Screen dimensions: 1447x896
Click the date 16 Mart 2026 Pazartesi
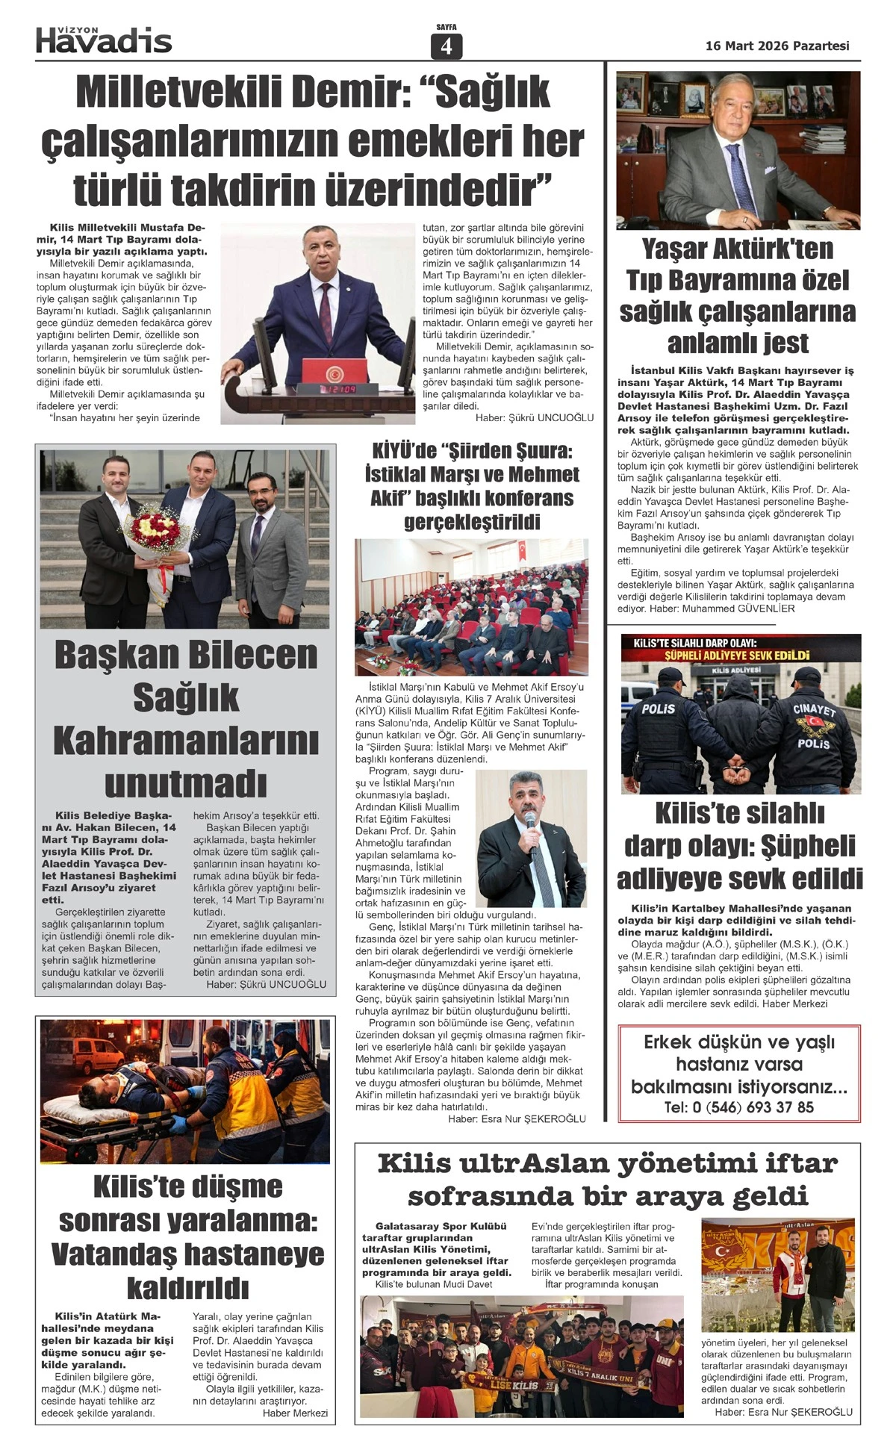[777, 46]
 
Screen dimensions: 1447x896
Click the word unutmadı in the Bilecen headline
[186, 783]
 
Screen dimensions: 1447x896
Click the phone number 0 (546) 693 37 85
[739, 1107]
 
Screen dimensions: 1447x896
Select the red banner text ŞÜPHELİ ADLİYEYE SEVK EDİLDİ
[738, 656]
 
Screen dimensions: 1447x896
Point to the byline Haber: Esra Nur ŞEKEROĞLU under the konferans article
[517, 1118]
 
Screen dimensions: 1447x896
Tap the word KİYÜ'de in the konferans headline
[403, 451]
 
